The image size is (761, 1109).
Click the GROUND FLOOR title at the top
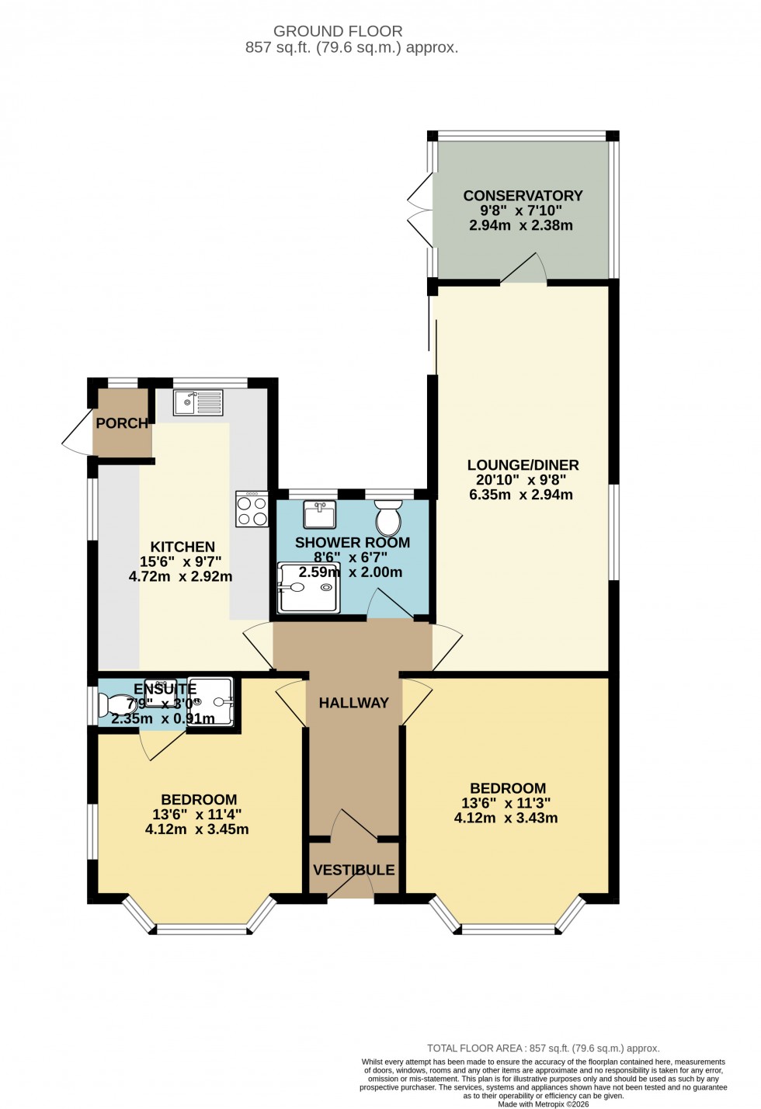pyautogui.click(x=338, y=31)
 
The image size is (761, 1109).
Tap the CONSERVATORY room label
pyautogui.click(x=523, y=196)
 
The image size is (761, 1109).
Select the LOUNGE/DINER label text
pyautogui.click(x=523, y=465)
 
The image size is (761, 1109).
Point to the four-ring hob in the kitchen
pyautogui.click(x=252, y=509)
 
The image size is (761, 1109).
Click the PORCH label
pyautogui.click(x=122, y=423)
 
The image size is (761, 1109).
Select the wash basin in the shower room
pyautogui.click(x=319, y=514)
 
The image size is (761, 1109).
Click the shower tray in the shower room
pyautogui.click(x=308, y=588)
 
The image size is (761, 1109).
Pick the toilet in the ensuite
pyautogui.click(x=118, y=705)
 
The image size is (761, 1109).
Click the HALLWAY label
pyautogui.click(x=353, y=703)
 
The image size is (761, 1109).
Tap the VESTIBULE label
pyautogui.click(x=353, y=870)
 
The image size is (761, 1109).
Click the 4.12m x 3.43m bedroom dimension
pyautogui.click(x=506, y=818)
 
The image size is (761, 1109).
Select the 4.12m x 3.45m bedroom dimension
pyautogui.click(x=197, y=829)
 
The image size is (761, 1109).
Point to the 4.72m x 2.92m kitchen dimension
pyautogui.click(x=180, y=576)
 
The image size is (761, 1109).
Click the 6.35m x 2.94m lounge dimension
pyautogui.click(x=521, y=495)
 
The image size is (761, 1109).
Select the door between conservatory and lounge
pyautogui.click(x=524, y=269)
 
